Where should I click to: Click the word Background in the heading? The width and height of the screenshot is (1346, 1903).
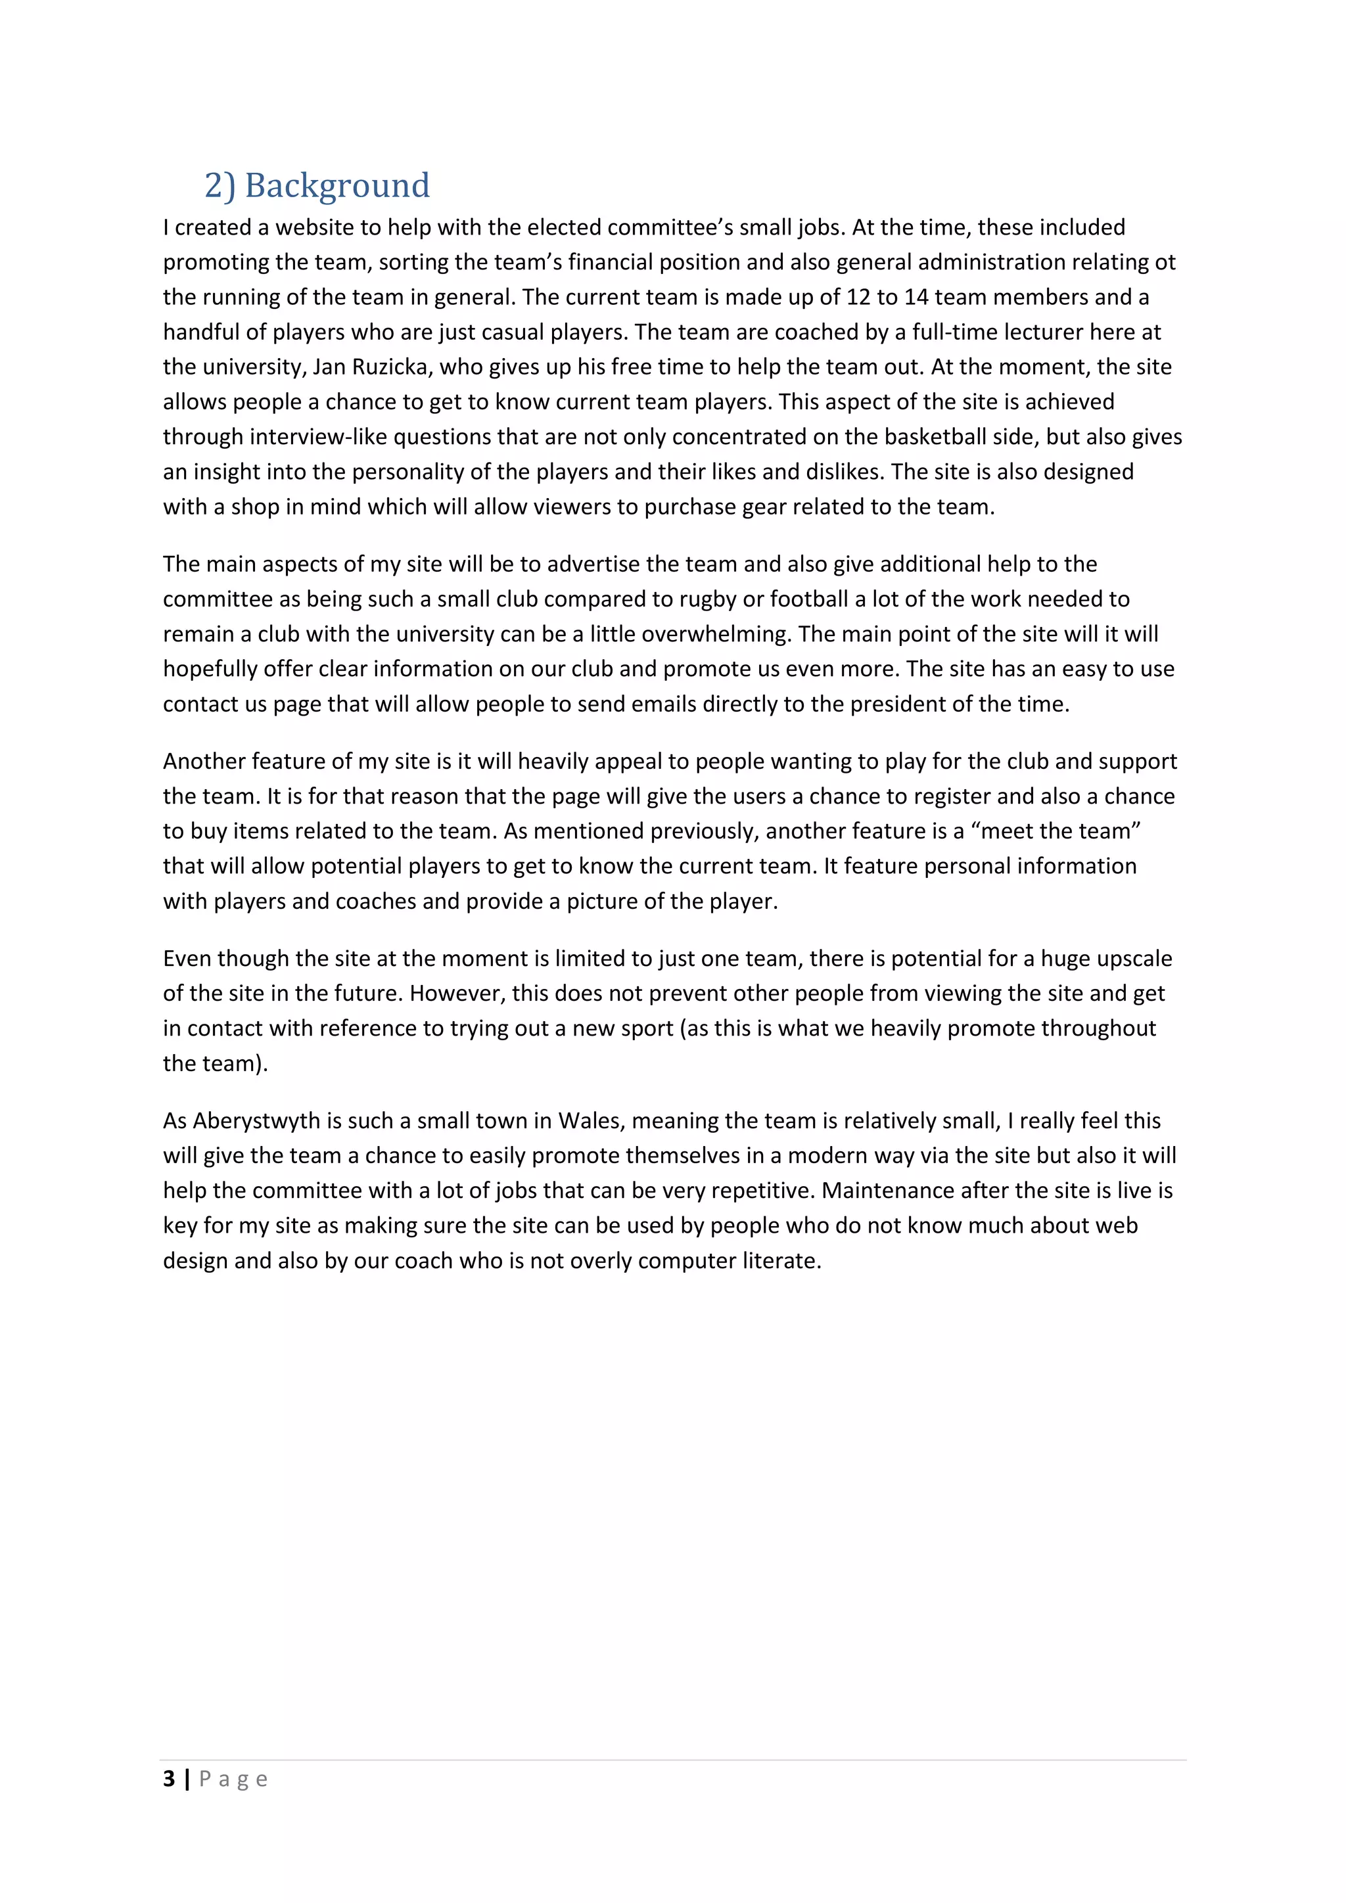(x=336, y=186)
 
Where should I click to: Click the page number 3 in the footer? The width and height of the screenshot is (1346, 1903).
(x=169, y=1779)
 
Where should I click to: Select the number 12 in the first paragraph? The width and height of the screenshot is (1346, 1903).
(x=858, y=297)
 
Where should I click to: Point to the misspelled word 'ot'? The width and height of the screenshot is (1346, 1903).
(x=1165, y=262)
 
